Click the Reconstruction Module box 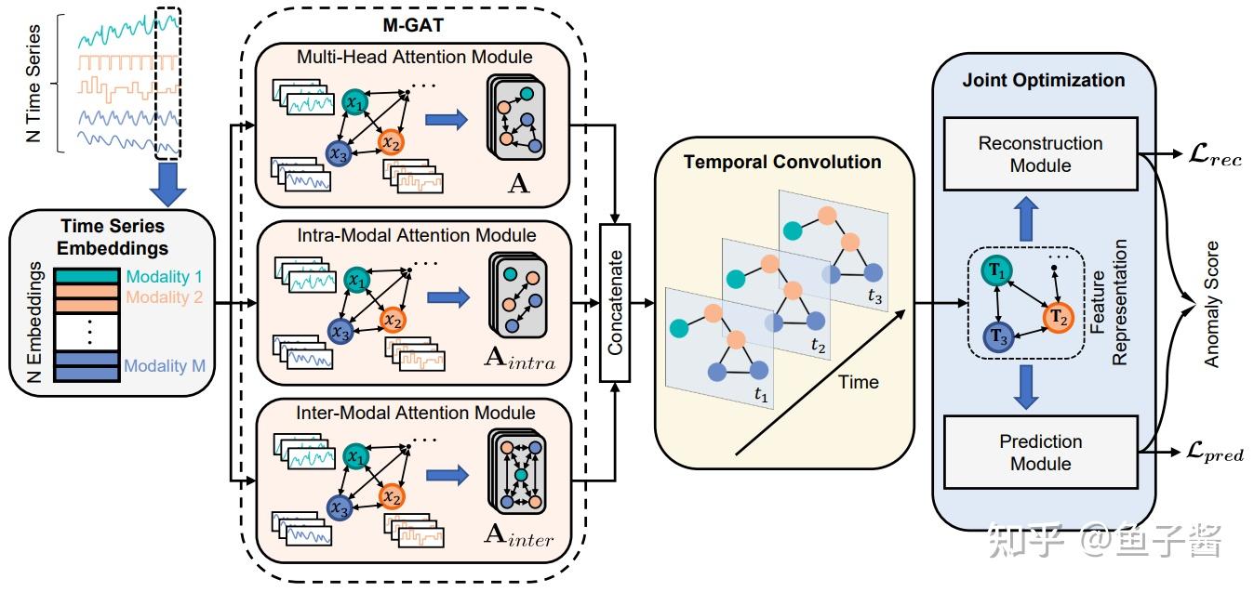(1040, 153)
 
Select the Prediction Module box (1040, 453)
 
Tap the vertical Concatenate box (615, 303)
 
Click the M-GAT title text (413, 25)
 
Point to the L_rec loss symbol (1214, 153)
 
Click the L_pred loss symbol (1214, 452)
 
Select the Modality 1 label (164, 276)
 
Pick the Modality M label (165, 365)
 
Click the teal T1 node (996, 271)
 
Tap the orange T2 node (1058, 318)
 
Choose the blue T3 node (998, 336)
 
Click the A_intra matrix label (520, 359)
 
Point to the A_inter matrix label (519, 535)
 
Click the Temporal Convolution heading (782, 162)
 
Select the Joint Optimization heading (1044, 80)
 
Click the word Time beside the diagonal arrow (859, 382)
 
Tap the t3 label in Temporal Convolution (874, 296)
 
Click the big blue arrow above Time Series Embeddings (167, 184)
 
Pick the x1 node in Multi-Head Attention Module (355, 102)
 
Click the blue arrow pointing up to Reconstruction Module (1025, 218)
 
